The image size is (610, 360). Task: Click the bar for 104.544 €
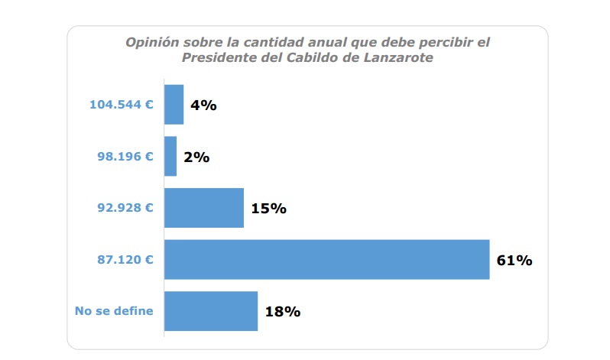[x=174, y=105]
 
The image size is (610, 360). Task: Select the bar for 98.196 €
[x=170, y=157]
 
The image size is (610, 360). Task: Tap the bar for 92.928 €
[x=204, y=208]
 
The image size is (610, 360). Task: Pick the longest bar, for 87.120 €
[x=326, y=259]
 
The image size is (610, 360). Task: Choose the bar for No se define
[x=211, y=311]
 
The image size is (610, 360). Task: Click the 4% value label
[x=204, y=105]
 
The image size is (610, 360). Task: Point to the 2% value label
[x=196, y=157]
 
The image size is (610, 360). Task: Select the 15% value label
[x=268, y=208]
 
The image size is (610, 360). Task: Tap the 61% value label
[x=514, y=260]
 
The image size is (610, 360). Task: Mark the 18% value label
[x=282, y=311]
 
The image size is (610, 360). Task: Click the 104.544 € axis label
[x=122, y=105]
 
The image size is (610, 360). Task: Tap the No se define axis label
[x=114, y=310]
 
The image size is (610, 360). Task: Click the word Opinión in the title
[x=150, y=42]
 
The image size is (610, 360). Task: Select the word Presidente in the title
[x=214, y=58]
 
